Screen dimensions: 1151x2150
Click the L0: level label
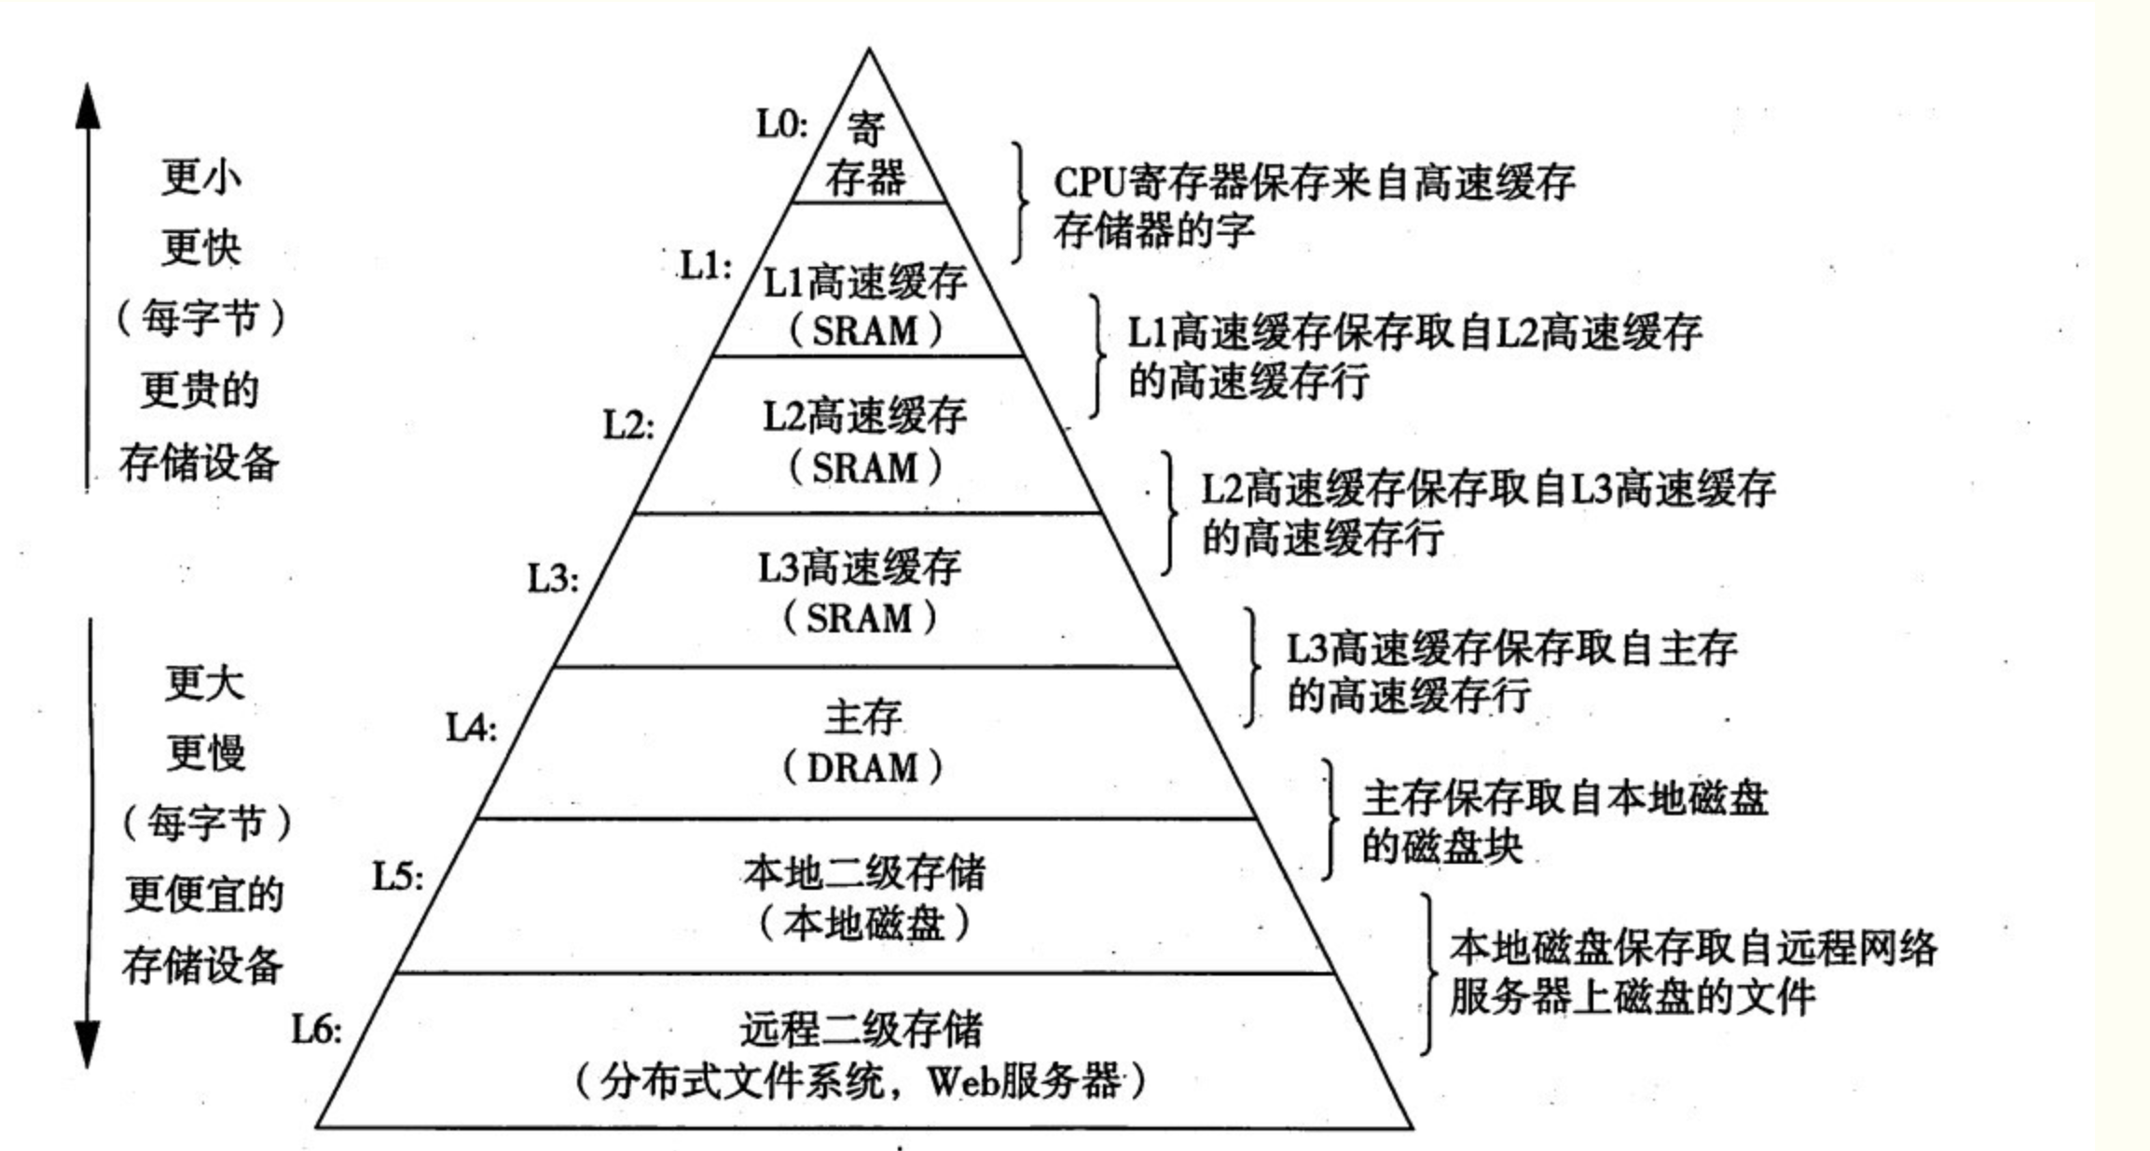(781, 124)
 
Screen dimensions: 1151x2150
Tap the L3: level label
(553, 578)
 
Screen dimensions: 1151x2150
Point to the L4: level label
(471, 728)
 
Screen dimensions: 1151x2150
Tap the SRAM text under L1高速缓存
(864, 332)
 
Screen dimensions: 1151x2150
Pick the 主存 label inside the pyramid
(862, 717)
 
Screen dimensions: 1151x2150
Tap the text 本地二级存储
(863, 873)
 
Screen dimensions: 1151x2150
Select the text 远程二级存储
(861, 1030)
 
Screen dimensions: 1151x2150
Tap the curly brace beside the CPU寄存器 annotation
(1022, 202)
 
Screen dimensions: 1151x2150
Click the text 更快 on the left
(200, 248)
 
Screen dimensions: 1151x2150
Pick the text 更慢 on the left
(206, 752)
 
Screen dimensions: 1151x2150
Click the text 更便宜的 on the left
(204, 894)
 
